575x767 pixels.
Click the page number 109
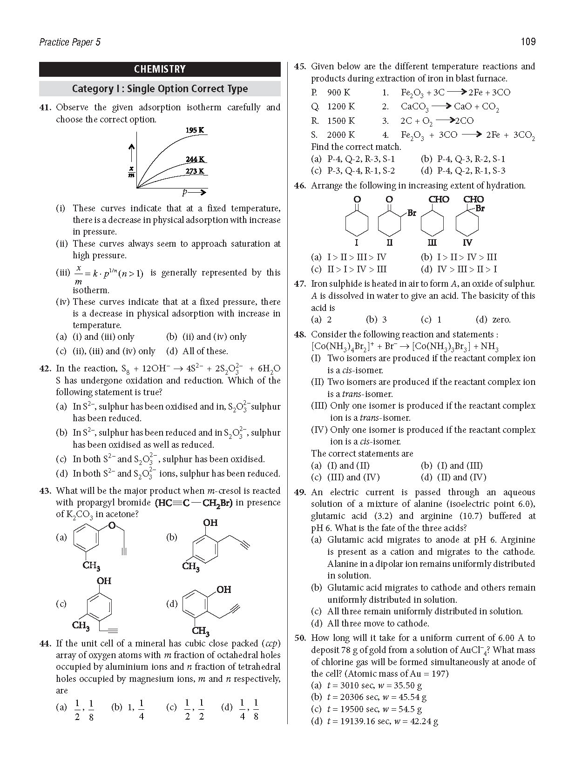point(528,42)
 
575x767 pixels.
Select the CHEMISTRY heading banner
point(160,69)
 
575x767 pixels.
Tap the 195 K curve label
point(195,130)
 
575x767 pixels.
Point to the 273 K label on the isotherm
point(195,171)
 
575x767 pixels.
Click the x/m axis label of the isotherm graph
point(132,172)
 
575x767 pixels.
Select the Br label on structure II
point(412,213)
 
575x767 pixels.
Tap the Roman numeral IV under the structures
point(467,242)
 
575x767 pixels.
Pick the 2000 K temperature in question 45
point(340,135)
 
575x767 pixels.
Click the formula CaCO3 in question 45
point(414,107)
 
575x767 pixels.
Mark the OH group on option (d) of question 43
point(223,590)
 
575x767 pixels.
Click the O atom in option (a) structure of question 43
point(111,525)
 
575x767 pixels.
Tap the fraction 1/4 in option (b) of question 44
point(142,709)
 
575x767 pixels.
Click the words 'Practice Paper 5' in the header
point(70,42)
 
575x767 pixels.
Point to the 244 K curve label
point(195,159)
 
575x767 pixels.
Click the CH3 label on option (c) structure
point(80,625)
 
